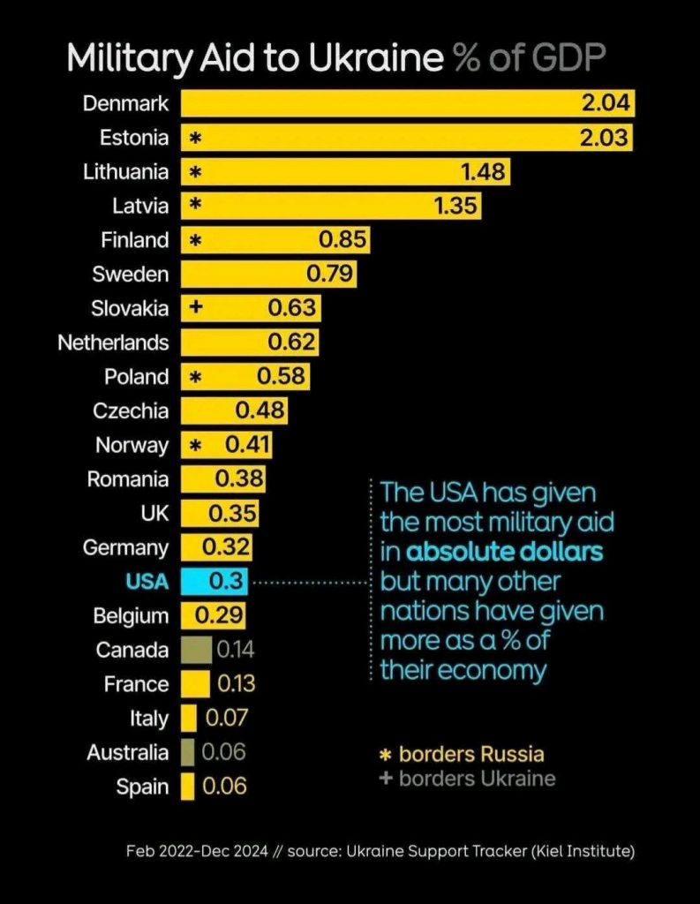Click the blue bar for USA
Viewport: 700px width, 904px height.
tap(215, 582)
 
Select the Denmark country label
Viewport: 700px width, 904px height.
tap(125, 103)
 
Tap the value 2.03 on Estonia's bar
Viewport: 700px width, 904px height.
tap(604, 138)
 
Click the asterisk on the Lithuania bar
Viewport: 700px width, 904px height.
tap(195, 171)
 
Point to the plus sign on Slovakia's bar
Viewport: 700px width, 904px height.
tap(195, 309)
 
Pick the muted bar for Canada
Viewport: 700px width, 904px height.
tap(196, 650)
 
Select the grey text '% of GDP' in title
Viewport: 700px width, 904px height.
tap(529, 58)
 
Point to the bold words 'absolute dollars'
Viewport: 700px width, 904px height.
tap(504, 552)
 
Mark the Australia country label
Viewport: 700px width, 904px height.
tap(127, 753)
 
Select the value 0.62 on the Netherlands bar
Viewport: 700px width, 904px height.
tap(291, 343)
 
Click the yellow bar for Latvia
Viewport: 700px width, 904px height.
tap(331, 206)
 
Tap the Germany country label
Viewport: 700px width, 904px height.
tap(125, 547)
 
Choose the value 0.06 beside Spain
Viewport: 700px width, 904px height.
tap(224, 787)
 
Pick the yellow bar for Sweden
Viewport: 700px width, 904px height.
tap(268, 275)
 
